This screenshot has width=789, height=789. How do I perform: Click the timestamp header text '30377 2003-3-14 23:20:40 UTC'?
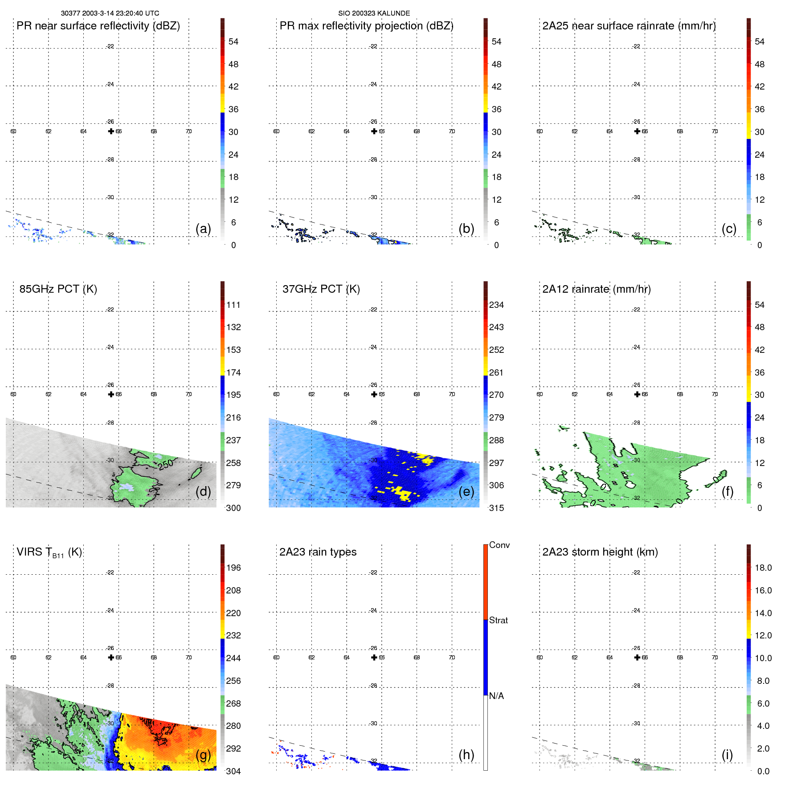[x=110, y=13]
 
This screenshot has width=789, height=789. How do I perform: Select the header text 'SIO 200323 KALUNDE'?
[x=374, y=13]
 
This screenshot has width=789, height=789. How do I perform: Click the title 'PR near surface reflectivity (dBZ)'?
[x=98, y=26]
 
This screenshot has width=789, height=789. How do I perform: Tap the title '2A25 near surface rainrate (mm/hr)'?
[x=629, y=26]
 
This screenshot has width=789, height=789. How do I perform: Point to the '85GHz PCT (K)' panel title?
[x=58, y=289]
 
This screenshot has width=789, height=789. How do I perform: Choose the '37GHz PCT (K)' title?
[x=321, y=289]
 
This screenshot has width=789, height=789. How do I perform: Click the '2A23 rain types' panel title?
[x=318, y=552]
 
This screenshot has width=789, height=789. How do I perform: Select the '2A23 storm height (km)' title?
[x=600, y=552]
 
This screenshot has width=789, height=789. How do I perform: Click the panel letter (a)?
[x=203, y=229]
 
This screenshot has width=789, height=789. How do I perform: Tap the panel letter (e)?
[x=466, y=491]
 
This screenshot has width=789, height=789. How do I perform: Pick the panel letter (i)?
[x=727, y=755]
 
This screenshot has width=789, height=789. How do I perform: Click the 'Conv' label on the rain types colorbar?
[x=499, y=545]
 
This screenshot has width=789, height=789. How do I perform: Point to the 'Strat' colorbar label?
[x=498, y=620]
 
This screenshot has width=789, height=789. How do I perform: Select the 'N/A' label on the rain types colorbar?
[x=496, y=696]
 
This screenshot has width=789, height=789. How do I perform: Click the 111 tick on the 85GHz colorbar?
[x=233, y=305]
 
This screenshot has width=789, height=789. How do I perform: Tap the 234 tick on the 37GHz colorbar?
[x=496, y=305]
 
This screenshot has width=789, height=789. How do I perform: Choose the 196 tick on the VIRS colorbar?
[x=233, y=568]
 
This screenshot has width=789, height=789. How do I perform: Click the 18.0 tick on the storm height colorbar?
[x=763, y=568]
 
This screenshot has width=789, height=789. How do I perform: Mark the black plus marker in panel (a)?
[x=111, y=131]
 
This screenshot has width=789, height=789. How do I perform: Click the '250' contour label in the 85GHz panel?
[x=166, y=464]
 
